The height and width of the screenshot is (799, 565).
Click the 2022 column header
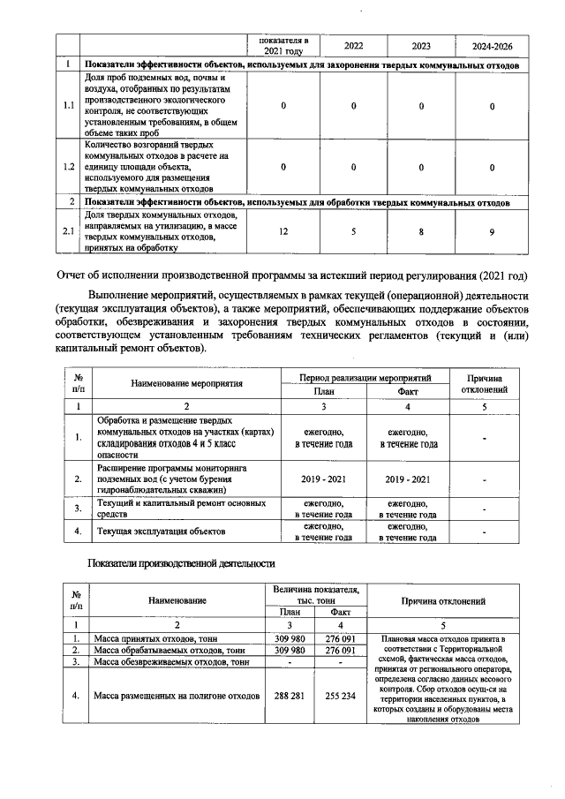pyautogui.click(x=352, y=45)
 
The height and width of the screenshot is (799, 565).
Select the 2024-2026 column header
pyautogui.click(x=490, y=45)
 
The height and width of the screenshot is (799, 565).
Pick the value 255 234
pyautogui.click(x=339, y=695)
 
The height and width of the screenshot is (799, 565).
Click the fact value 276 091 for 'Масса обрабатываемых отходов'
pyautogui.click(x=339, y=650)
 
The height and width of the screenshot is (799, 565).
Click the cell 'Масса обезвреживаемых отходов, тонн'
pyautogui.click(x=170, y=661)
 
